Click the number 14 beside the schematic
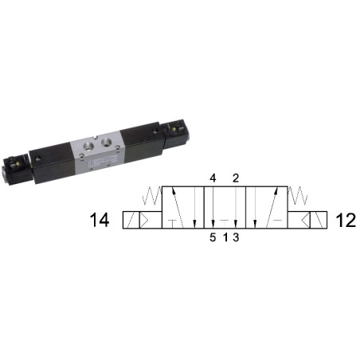click(x=100, y=220)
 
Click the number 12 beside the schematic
click(x=346, y=220)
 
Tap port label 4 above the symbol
click(x=213, y=178)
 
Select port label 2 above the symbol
click(x=236, y=178)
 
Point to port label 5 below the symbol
click(x=213, y=237)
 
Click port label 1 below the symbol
click(x=225, y=237)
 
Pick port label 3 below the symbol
click(x=236, y=237)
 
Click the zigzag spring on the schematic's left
click(x=152, y=196)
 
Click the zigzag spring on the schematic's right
click(x=298, y=196)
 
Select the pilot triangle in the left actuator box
click(x=145, y=220)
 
